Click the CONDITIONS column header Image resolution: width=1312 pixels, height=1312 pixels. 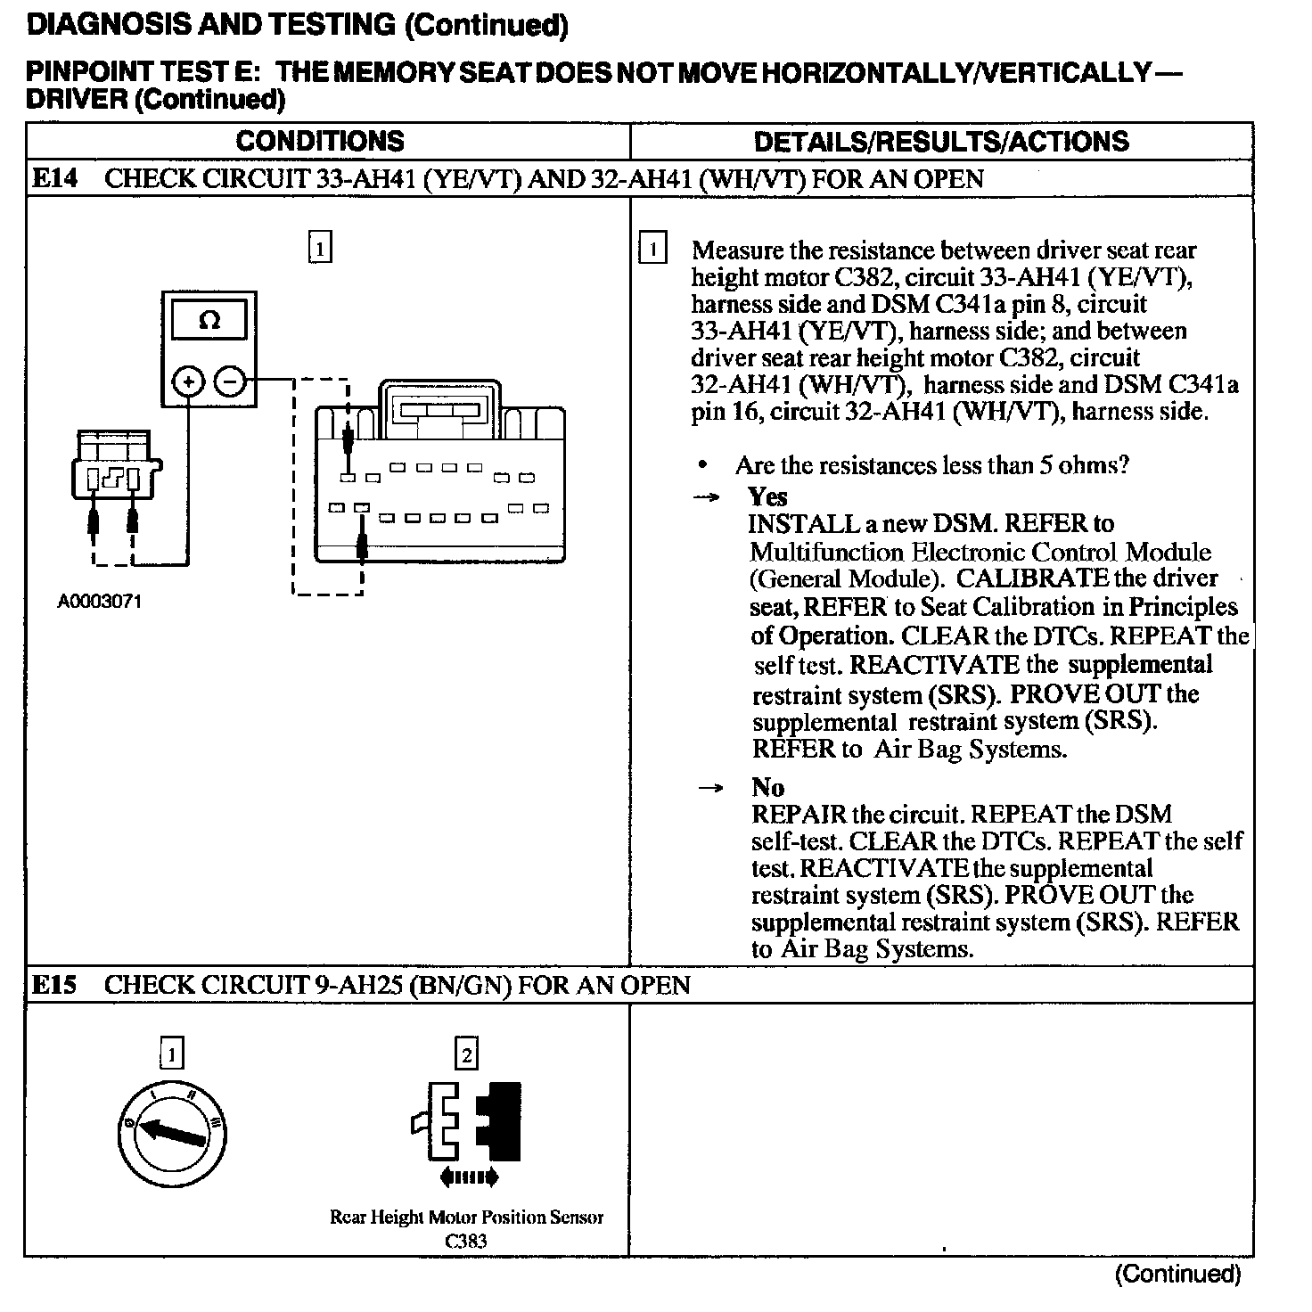tap(320, 141)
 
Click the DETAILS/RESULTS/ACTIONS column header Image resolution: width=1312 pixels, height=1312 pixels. tap(941, 141)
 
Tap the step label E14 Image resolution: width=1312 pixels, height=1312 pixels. tap(54, 178)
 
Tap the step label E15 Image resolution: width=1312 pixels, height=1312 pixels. tap(54, 985)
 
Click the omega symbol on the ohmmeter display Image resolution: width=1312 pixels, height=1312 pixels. tap(209, 321)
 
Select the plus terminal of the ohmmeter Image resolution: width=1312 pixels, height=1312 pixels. tap(188, 383)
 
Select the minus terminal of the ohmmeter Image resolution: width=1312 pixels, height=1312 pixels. tap(230, 383)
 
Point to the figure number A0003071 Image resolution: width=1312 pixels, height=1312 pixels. tap(100, 602)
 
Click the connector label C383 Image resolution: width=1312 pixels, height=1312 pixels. tap(466, 1241)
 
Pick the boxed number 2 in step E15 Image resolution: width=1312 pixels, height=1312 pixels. tap(466, 1055)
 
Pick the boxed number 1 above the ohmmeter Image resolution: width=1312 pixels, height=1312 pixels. tap(320, 247)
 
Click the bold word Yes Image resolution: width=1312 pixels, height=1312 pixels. tap(767, 496)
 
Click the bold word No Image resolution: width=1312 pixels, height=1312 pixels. tap(767, 787)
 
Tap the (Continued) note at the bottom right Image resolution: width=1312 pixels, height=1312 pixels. tap(1177, 1275)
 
